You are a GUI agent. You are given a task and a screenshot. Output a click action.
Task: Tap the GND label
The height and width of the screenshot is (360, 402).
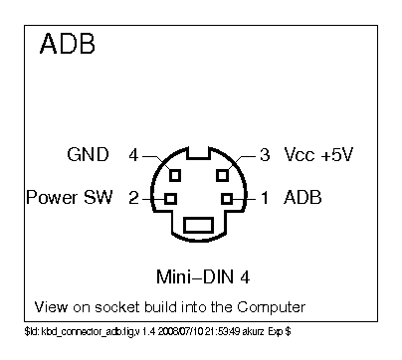(x=88, y=156)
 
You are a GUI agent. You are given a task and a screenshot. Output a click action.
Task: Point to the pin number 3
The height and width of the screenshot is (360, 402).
(x=265, y=156)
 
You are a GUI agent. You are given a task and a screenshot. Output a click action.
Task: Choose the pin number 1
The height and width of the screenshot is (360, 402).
(x=265, y=197)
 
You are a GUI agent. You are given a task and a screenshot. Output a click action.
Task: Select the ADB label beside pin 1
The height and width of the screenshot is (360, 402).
(x=302, y=197)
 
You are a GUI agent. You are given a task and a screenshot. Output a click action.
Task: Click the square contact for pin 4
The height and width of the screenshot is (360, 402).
(x=175, y=175)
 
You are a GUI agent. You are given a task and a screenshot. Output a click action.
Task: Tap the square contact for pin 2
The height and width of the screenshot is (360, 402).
(x=170, y=198)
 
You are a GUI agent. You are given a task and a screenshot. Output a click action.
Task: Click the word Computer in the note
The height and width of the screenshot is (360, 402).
(x=270, y=305)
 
